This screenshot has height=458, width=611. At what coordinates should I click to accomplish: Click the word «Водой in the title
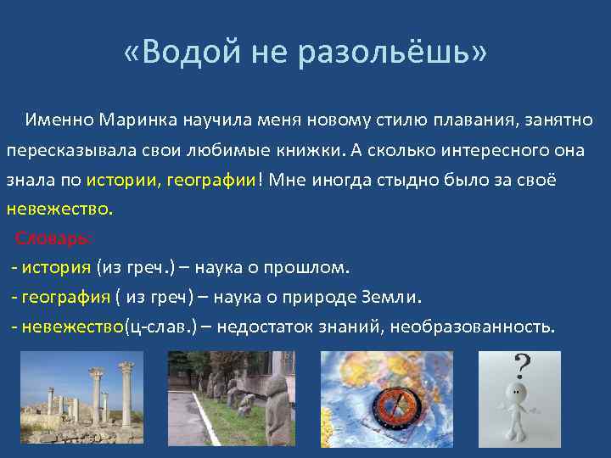(x=182, y=53)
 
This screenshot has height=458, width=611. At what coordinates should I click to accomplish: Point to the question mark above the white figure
(x=523, y=366)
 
